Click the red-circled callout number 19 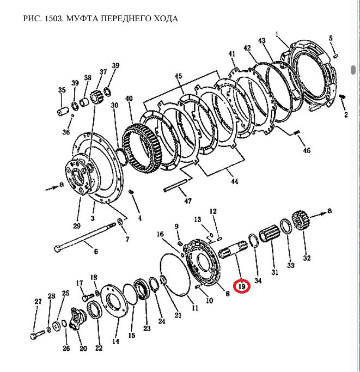click(x=241, y=285)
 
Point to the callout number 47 click(x=188, y=201)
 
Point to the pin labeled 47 click(x=175, y=185)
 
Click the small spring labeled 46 click(x=297, y=133)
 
